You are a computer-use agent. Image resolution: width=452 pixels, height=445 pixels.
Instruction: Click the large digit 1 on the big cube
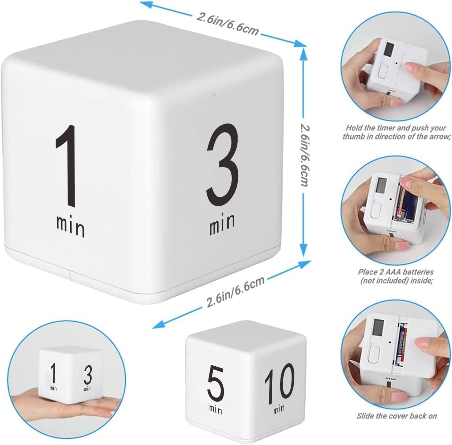pos(67,167)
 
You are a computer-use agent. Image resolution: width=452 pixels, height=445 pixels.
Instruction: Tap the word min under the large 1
pos(70,226)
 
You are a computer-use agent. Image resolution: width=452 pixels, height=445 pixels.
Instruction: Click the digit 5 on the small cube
pos(215,384)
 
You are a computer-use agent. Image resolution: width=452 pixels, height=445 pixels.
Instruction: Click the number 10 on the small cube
pos(279,382)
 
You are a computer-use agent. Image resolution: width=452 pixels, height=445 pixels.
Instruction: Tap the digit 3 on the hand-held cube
pos(87,376)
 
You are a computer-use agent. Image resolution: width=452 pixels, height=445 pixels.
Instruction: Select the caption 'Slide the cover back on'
pos(396,416)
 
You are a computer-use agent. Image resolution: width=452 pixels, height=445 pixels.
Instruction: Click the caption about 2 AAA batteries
pos(396,276)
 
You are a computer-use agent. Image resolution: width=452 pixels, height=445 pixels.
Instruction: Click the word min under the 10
pos(279,409)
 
